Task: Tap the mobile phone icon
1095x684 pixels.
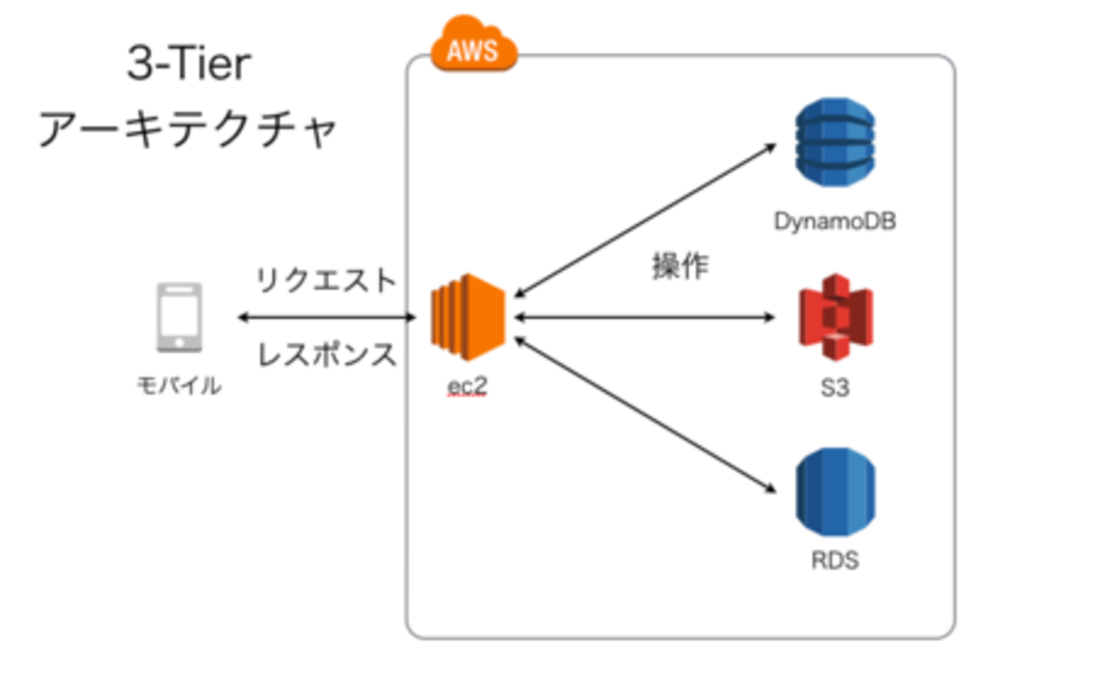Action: tap(179, 318)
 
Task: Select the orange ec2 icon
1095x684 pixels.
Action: tap(467, 318)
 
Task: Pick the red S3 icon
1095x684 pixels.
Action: tap(835, 318)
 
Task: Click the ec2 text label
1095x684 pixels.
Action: tap(468, 388)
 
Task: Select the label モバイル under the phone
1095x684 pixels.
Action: tap(179, 387)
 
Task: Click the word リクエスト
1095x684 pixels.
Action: tap(326, 281)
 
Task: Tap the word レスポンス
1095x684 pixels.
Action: tap(326, 355)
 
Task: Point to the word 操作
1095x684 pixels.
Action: tap(681, 267)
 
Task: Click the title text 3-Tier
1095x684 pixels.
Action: tap(189, 67)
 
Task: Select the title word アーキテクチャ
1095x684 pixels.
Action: tap(189, 131)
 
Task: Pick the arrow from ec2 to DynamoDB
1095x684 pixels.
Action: tap(644, 220)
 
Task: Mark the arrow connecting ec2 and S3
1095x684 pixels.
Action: tap(644, 318)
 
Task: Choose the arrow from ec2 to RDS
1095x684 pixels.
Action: tap(644, 414)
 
